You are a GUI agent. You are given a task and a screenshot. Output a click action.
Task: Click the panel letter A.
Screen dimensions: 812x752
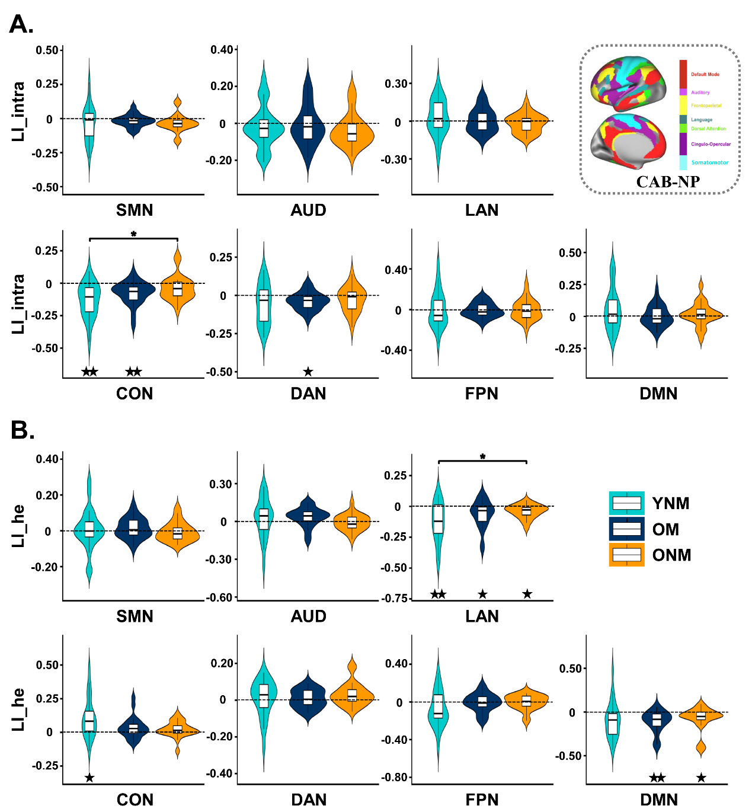pyautogui.click(x=21, y=25)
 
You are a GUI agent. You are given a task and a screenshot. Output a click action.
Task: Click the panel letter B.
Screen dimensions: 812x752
pyautogui.click(x=22, y=430)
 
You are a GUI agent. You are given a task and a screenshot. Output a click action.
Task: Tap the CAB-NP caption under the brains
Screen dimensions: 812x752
pyautogui.click(x=668, y=181)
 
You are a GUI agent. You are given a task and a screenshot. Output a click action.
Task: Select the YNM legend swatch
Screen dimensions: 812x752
pyautogui.click(x=626, y=503)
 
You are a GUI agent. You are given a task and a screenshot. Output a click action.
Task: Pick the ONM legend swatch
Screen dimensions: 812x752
pyautogui.click(x=626, y=555)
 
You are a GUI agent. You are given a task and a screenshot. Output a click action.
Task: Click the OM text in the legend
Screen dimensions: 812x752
pyautogui.click(x=665, y=529)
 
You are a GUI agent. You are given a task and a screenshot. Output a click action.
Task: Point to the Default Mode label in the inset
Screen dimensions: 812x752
pyautogui.click(x=705, y=75)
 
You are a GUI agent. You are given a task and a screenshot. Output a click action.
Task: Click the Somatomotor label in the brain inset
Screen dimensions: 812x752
pyautogui.click(x=710, y=162)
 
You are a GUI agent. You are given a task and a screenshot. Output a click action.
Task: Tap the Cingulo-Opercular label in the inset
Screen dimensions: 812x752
pyautogui.click(x=711, y=144)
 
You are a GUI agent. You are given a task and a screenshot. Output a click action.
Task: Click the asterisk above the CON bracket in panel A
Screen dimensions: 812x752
pyautogui.click(x=133, y=234)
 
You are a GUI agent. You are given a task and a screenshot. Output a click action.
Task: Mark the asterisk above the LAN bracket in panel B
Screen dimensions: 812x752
pyautogui.click(x=482, y=457)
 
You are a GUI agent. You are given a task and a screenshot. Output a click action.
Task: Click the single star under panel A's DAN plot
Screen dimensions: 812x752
pyautogui.click(x=308, y=372)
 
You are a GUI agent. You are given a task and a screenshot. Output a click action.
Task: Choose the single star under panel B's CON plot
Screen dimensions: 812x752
pyautogui.click(x=89, y=777)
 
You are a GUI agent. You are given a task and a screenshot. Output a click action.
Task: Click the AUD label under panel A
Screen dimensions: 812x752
pyautogui.click(x=308, y=210)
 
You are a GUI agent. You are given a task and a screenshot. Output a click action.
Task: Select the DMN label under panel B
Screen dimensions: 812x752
pyautogui.click(x=658, y=800)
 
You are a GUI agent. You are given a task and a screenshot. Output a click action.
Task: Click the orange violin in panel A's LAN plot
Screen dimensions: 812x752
pyautogui.click(x=526, y=123)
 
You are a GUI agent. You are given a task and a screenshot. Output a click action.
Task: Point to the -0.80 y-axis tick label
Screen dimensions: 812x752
pyautogui.click(x=394, y=777)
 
